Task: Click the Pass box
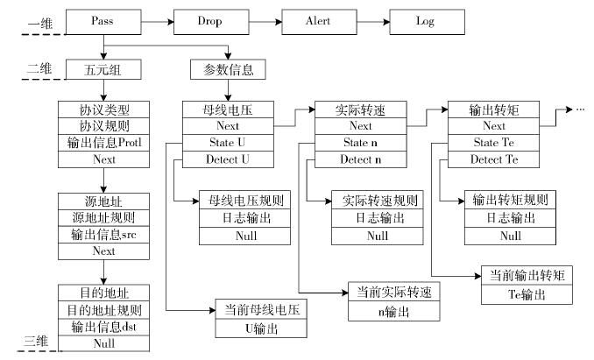tap(103, 22)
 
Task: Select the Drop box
tap(211, 22)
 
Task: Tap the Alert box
tap(320, 22)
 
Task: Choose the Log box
tap(427, 22)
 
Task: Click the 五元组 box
tap(103, 69)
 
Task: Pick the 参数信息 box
tap(228, 69)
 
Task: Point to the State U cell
tap(228, 143)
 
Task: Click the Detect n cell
tap(361, 159)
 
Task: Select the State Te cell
tap(493, 143)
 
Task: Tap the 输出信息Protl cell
tap(103, 143)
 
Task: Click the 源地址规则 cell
tap(103, 218)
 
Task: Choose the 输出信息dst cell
tap(103, 327)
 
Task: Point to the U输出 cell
tap(261, 328)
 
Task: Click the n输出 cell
tap(394, 312)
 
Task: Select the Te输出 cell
tap(527, 294)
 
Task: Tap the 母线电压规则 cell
tap(244, 200)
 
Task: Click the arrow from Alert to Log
tap(373, 22)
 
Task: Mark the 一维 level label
tap(39, 25)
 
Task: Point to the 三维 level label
tap(36, 341)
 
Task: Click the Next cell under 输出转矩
tap(493, 126)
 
